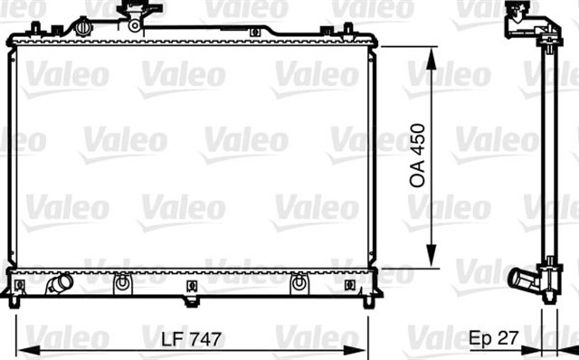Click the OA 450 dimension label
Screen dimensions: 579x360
coord(418,156)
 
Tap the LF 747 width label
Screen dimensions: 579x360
coord(191,339)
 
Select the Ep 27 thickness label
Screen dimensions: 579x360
coord(494,337)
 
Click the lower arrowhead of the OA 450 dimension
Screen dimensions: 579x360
coord(432,255)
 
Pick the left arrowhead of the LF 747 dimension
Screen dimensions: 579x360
coord(29,350)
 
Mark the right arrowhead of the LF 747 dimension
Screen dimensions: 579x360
coord(356,350)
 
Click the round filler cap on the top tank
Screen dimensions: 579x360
coord(84,27)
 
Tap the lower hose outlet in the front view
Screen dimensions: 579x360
coord(59,284)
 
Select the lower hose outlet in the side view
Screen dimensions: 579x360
coord(524,279)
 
